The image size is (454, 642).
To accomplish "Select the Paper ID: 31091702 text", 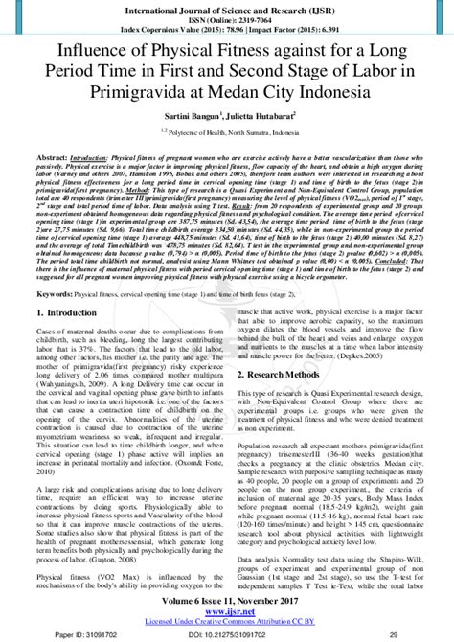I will (x=56, y=635).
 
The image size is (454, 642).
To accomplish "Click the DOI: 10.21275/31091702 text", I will (x=227, y=635).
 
